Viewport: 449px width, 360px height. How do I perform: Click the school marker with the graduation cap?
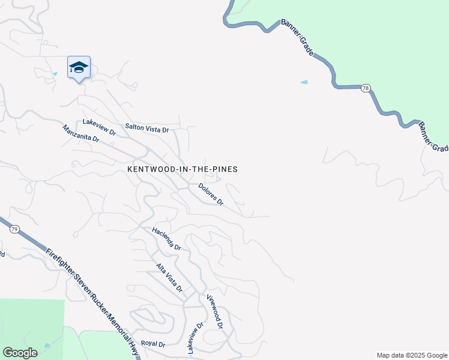tap(79, 68)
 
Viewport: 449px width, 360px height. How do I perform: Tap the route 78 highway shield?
tap(366, 88)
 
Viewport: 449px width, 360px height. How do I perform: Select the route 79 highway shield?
tap(14, 229)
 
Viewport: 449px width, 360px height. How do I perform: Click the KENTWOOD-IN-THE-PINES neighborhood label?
tap(182, 170)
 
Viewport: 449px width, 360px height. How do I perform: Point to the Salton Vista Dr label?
tap(147, 127)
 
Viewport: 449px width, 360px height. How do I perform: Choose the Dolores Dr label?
tap(211, 195)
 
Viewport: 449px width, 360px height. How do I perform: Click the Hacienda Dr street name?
tap(166, 238)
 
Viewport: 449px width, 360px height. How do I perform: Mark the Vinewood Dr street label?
tap(214, 311)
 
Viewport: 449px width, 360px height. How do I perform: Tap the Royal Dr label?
tap(152, 344)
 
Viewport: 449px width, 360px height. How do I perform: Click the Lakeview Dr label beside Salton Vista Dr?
tap(98, 122)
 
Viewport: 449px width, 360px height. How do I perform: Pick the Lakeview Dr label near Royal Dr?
tap(196, 337)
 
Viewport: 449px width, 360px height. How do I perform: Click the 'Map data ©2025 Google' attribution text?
tap(411, 355)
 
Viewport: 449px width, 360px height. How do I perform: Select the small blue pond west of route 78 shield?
tap(304, 82)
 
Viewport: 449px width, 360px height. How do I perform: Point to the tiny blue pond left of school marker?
tap(55, 74)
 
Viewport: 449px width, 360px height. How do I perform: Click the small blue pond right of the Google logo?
tap(47, 347)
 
